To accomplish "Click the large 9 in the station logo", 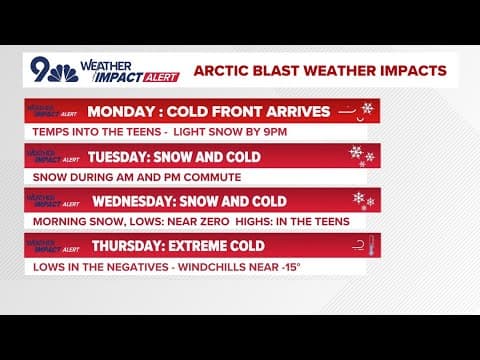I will coord(41,67).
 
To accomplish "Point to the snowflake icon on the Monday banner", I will coord(367,108).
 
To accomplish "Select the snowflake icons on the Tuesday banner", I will coord(360,155).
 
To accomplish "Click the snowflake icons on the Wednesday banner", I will coord(362,200).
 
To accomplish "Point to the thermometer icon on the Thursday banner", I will coord(368,244).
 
